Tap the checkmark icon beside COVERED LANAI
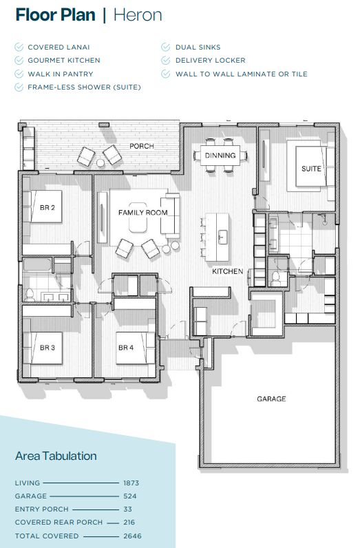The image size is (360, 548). pyautogui.click(x=19, y=47)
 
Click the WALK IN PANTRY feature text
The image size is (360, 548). pyautogui.click(x=60, y=74)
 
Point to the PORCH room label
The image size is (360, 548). pyautogui.click(x=142, y=147)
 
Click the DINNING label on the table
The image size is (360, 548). pyautogui.click(x=220, y=156)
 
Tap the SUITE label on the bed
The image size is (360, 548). pyautogui.click(x=310, y=169)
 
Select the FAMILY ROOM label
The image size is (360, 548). pyautogui.click(x=143, y=213)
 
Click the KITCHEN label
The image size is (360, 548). pyautogui.click(x=227, y=272)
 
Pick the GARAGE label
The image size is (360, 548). pyautogui.click(x=271, y=399)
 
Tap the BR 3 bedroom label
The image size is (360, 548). pyautogui.click(x=47, y=348)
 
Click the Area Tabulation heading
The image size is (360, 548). pyautogui.click(x=56, y=456)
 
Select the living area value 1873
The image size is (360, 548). pyautogui.click(x=131, y=483)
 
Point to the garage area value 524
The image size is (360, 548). pyautogui.click(x=130, y=496)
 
